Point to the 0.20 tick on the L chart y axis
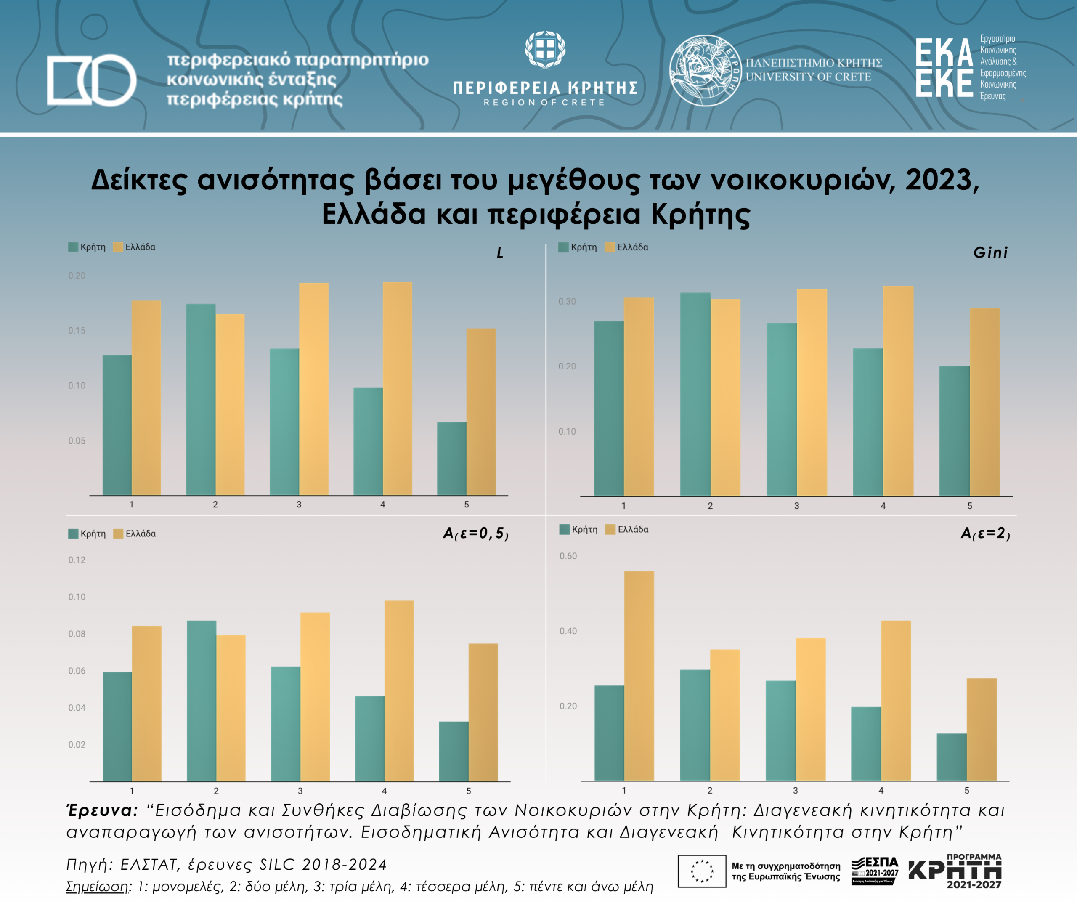(77, 276)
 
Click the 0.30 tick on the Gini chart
(567, 301)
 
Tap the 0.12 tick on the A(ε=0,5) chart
(77, 560)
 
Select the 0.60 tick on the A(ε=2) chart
(568, 556)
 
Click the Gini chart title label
(990, 252)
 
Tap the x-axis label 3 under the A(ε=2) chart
(796, 791)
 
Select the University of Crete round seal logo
(705, 71)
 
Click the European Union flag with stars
(702, 871)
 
